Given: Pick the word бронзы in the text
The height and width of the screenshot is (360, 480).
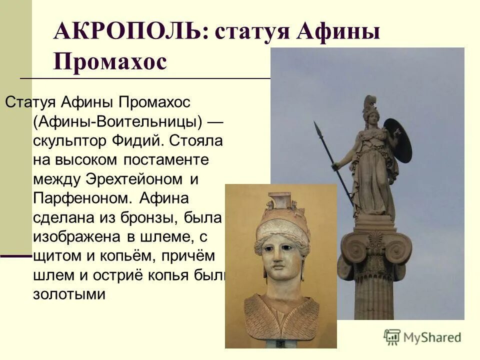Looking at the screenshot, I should coord(159,217).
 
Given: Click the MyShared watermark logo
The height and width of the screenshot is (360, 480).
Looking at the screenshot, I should coord(422,336).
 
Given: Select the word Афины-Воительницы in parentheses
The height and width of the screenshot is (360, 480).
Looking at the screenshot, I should coord(118,121).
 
